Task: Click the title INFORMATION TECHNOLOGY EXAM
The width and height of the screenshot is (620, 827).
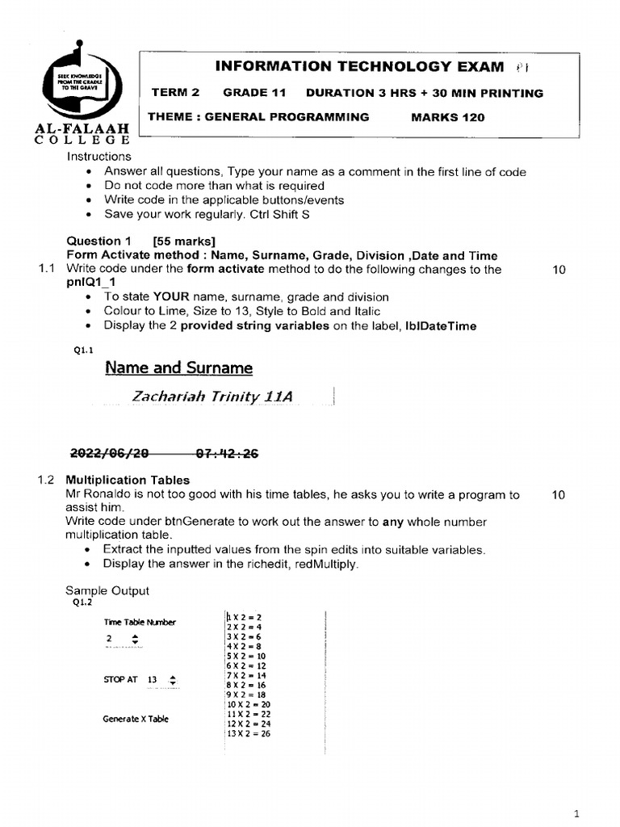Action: coord(360,67)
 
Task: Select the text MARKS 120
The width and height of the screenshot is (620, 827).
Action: coord(448,117)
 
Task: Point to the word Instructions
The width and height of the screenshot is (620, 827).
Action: coord(98,157)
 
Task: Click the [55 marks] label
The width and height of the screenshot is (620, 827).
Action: coord(184,241)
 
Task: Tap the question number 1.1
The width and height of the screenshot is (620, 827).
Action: coord(47,269)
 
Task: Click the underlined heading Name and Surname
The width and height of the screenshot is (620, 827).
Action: coord(178,368)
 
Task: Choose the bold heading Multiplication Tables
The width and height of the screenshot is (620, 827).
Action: coord(128,480)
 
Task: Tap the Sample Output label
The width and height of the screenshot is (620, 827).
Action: coord(107,590)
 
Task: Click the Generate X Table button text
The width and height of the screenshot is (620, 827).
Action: coord(136,719)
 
